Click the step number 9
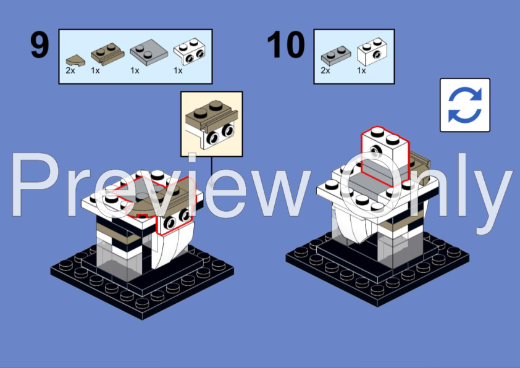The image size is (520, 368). tap(40, 46)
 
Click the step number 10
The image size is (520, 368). tap(286, 46)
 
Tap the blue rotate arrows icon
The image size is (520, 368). tap(464, 105)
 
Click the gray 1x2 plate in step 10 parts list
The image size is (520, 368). tap(335, 56)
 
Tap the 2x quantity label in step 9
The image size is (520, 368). tap(71, 70)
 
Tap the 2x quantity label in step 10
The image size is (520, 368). tap(325, 70)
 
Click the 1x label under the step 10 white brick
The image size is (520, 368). tap(361, 70)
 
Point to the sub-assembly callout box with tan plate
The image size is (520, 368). tap(211, 123)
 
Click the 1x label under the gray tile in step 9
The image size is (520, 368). tap(135, 70)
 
